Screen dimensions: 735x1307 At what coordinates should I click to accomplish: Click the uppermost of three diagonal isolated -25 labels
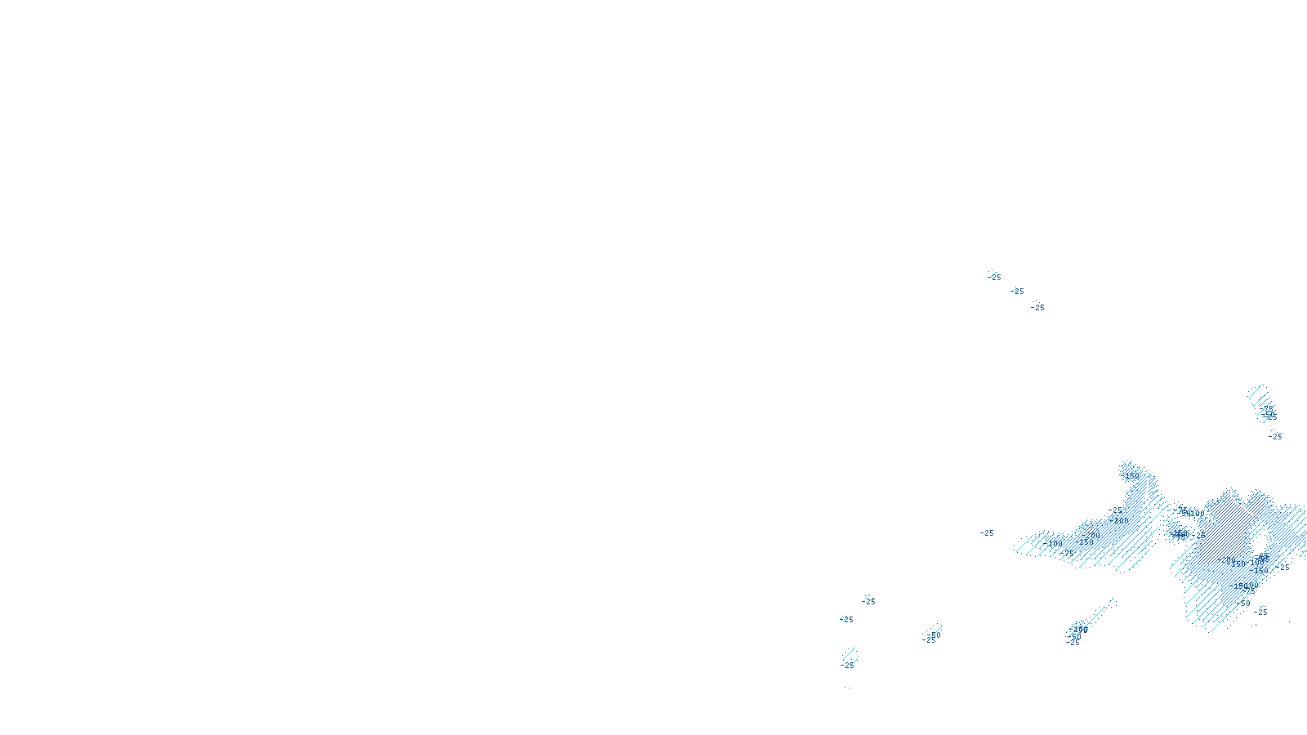[x=994, y=278]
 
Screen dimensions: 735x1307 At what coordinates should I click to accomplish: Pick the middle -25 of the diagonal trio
[x=1017, y=292]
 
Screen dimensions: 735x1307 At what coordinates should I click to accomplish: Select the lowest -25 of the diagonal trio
[x=1037, y=308]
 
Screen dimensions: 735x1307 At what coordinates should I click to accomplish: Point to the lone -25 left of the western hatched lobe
[x=987, y=533]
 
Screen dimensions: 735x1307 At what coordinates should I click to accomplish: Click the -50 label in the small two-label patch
[x=934, y=635]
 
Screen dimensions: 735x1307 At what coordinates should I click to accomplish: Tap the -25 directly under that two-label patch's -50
[x=929, y=641]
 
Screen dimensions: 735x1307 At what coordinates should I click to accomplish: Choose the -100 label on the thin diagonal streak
[x=1080, y=629]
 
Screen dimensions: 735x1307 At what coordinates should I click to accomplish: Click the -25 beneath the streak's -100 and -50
[x=1073, y=643]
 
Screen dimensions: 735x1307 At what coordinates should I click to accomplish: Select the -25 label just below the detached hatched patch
[x=1275, y=437]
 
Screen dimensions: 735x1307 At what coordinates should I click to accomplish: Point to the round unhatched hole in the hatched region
[x=1259, y=539]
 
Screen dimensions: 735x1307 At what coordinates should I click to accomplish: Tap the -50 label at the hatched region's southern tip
[x=1243, y=604]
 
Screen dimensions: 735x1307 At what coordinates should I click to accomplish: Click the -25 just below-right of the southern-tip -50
[x=1261, y=612]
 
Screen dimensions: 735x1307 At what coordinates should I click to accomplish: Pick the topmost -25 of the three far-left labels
[x=868, y=602]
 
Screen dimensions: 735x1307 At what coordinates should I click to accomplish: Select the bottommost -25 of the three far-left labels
[x=847, y=666]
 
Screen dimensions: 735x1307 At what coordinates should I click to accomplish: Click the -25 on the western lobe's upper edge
[x=1115, y=511]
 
